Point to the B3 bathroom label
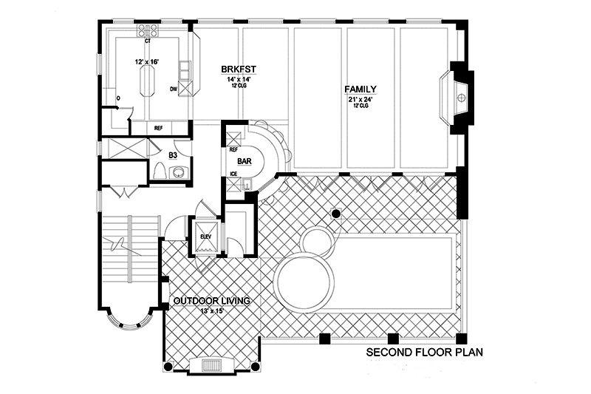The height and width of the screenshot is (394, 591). point(172,155)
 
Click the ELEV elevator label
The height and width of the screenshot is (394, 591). point(206,236)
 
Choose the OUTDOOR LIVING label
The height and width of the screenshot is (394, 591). point(211,301)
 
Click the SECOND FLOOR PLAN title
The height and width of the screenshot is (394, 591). point(424,353)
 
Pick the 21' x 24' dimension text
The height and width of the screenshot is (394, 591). point(360,98)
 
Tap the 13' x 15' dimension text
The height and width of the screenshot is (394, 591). point(211,310)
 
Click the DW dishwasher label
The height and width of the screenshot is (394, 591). point(174,89)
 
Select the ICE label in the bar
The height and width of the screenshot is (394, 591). point(233,174)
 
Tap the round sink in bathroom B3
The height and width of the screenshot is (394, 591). point(178,173)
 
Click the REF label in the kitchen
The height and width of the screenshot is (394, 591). point(158,128)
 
